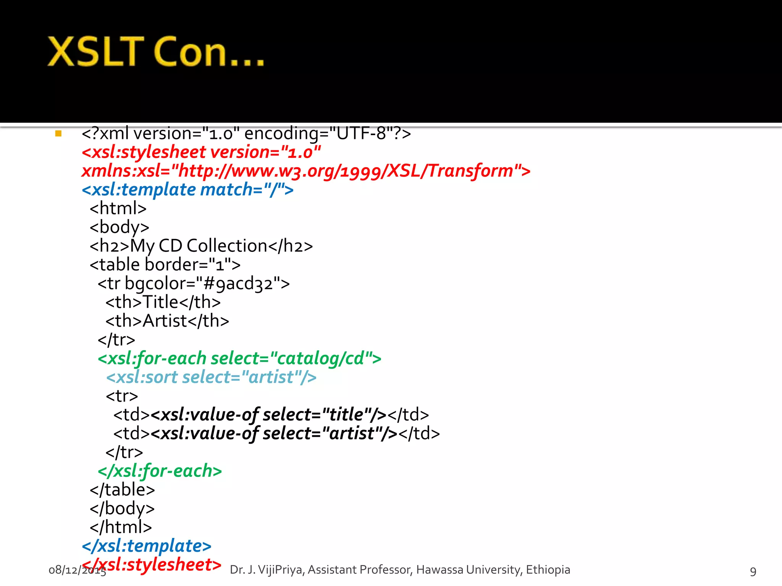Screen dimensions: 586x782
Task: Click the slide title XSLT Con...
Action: (x=156, y=52)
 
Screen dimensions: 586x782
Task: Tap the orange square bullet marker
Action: (x=58, y=134)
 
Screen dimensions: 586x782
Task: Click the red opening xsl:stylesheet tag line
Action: (x=201, y=152)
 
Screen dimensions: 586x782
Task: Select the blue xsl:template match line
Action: (x=187, y=190)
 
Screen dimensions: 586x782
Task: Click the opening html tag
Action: (x=118, y=208)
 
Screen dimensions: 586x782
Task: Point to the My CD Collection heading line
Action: (x=201, y=246)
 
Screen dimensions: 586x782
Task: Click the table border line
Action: (x=165, y=264)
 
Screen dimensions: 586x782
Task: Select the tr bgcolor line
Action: (x=194, y=283)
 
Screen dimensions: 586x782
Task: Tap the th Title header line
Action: (x=163, y=302)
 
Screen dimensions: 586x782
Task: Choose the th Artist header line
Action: (x=167, y=321)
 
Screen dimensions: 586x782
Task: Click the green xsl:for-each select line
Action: (x=239, y=358)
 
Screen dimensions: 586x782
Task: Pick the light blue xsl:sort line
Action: (x=211, y=377)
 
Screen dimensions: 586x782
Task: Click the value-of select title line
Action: (x=271, y=415)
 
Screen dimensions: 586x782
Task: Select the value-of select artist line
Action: (x=276, y=433)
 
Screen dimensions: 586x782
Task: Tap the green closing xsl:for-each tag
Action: (x=160, y=471)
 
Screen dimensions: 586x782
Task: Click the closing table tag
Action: (x=122, y=489)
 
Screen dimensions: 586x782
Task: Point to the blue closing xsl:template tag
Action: (x=147, y=546)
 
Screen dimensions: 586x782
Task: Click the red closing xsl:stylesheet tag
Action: (x=152, y=565)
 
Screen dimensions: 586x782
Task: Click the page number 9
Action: (x=753, y=571)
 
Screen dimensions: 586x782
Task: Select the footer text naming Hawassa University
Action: (x=400, y=570)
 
